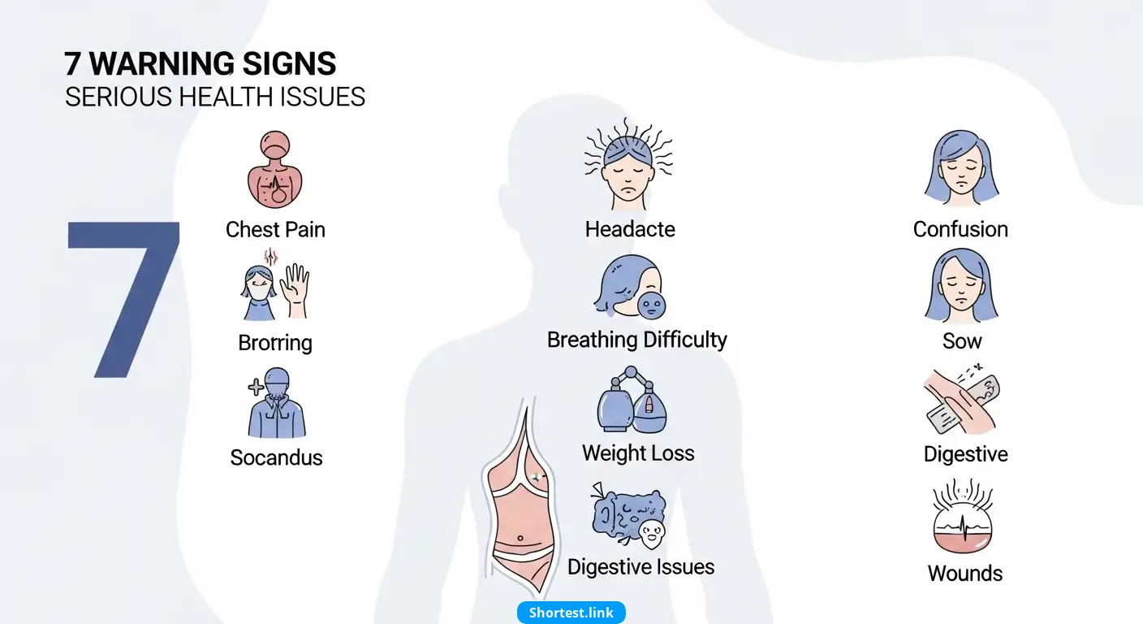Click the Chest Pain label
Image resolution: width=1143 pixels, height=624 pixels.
[x=275, y=230]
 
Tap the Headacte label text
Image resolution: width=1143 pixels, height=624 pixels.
[x=630, y=229]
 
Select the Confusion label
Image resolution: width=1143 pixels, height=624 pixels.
[x=960, y=229]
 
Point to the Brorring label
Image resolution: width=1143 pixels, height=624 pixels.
[x=275, y=343]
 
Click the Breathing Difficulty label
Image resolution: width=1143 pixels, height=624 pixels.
[x=636, y=340]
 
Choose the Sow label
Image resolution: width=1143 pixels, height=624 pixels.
[x=962, y=341]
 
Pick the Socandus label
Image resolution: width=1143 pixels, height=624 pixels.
[x=276, y=457]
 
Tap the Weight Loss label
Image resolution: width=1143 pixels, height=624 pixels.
[x=638, y=453]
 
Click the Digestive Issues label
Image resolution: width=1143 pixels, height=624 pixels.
[x=641, y=567]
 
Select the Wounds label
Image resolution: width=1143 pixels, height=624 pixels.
[x=965, y=574]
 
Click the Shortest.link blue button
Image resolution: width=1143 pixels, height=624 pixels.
[x=571, y=613]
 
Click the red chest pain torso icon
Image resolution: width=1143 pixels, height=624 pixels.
[x=274, y=170]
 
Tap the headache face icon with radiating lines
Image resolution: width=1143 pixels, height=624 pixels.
[x=628, y=164]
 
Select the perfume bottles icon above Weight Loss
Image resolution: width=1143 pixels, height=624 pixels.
[x=632, y=400]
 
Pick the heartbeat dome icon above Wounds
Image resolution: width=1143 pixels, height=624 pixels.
[x=962, y=517]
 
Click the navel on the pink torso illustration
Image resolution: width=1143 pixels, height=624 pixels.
[x=520, y=538]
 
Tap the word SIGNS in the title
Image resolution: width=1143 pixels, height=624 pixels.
[x=289, y=63]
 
